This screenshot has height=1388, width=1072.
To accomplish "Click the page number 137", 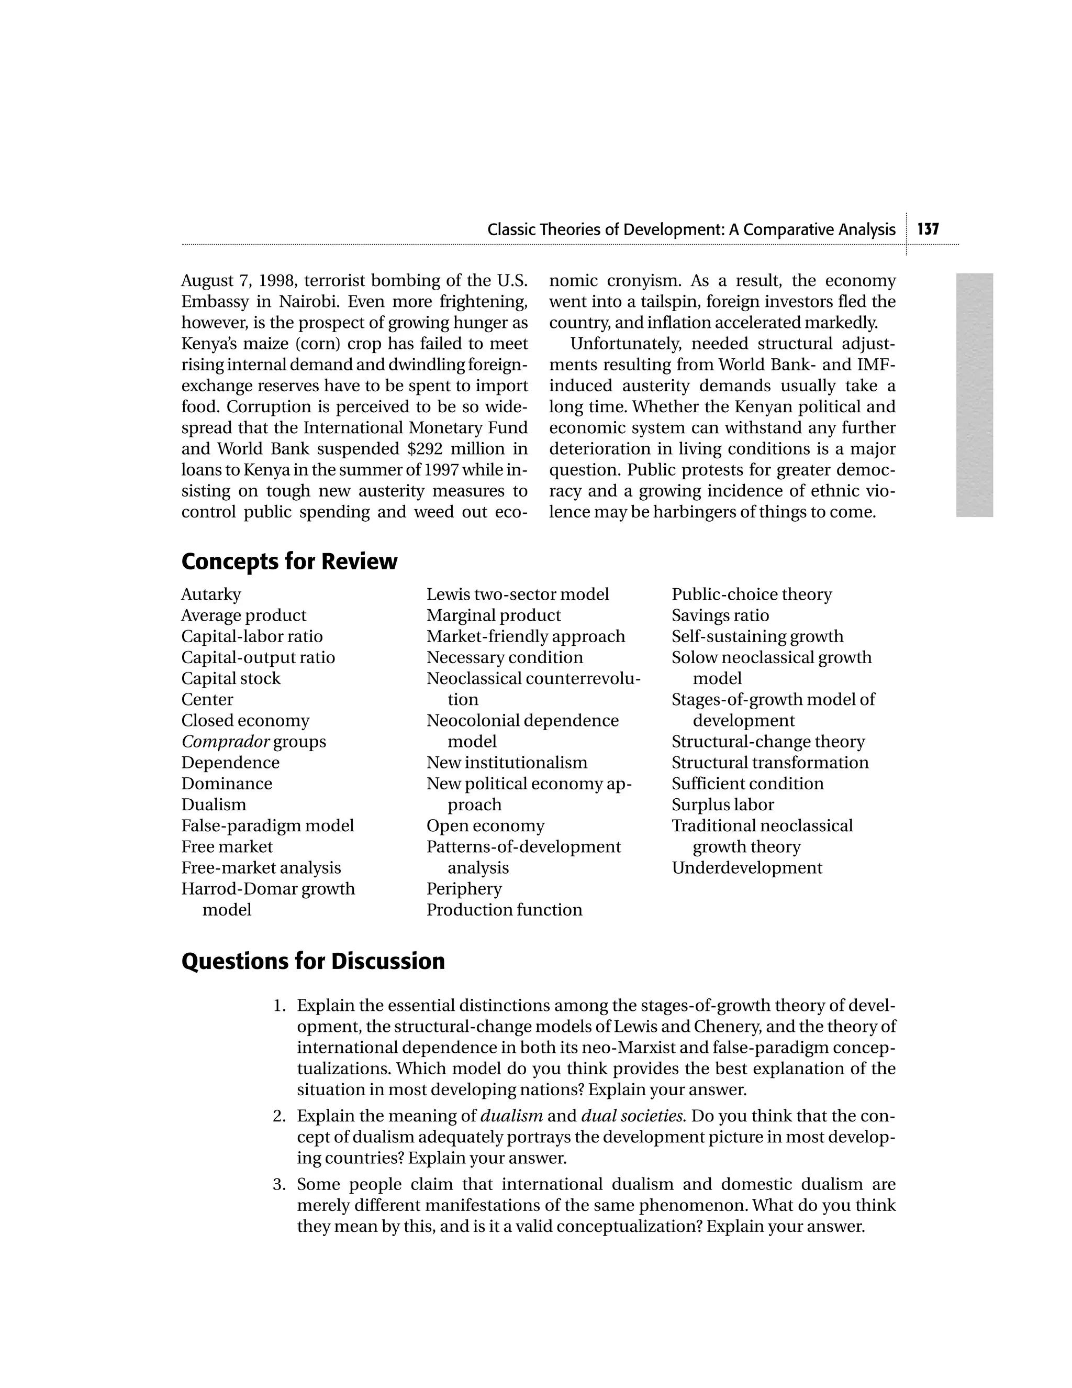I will point(928,229).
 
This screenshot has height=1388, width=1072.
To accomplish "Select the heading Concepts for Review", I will point(289,562).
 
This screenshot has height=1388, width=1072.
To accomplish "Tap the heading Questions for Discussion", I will point(312,961).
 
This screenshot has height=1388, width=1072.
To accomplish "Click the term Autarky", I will point(211,594).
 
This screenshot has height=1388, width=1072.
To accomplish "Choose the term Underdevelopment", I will point(746,867).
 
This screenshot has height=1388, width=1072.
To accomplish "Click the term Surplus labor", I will point(723,805).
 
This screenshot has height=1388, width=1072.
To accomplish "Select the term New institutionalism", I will point(507,763).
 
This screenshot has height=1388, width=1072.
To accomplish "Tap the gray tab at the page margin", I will point(974,395).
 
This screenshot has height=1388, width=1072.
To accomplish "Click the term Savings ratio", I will point(720,615).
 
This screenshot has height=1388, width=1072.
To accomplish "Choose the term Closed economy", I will point(245,721).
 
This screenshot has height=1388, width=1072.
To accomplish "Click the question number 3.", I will point(279,1184).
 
